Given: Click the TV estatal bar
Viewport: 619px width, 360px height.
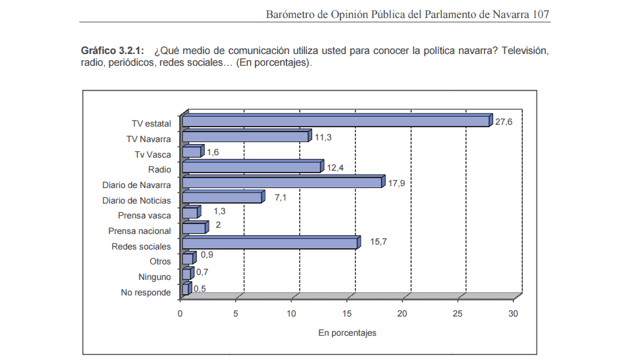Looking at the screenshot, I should [335, 122].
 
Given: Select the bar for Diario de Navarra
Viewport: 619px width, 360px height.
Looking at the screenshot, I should [282, 182].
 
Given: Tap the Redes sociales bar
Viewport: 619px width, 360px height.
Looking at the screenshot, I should [269, 243].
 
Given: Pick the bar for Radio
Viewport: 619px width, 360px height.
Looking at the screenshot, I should [252, 167].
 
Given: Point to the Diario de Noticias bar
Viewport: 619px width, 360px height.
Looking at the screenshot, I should [222, 198].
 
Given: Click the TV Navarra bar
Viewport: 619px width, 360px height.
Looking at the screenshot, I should [245, 137].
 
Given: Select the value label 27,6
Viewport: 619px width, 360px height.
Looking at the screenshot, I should [504, 122].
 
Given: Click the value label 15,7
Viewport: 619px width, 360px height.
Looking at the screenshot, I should [378, 241].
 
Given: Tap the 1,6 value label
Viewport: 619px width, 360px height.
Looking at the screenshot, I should [213, 152].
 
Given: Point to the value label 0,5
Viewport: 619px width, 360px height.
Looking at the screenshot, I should [200, 288].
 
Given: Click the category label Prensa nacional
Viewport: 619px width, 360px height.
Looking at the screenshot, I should [139, 231].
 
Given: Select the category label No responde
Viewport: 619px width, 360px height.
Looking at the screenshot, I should [145, 292].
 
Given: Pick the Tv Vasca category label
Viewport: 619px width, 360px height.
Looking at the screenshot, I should [153, 155].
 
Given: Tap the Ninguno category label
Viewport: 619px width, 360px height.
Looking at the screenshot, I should [154, 277].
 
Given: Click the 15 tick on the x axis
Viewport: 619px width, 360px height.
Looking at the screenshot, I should [347, 314].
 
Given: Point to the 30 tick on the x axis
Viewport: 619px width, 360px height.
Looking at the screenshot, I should [513, 314].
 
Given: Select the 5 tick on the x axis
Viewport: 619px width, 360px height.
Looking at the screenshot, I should [236, 314].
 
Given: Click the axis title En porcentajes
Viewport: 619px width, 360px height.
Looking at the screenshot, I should [347, 333].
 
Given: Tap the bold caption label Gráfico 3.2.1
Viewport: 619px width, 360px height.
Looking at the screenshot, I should [112, 50].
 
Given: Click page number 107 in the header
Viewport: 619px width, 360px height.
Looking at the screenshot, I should [540, 14].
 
